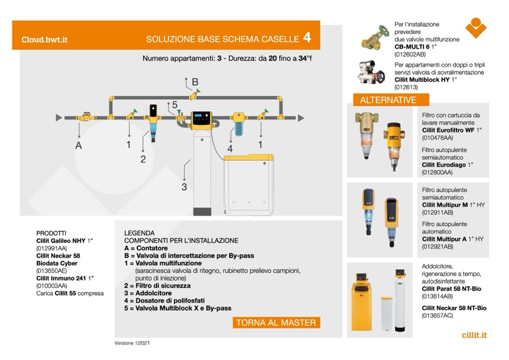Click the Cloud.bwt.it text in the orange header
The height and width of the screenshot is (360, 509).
(x=45, y=39)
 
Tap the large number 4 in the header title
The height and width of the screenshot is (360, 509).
(x=307, y=38)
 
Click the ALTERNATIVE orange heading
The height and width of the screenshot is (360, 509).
(x=388, y=100)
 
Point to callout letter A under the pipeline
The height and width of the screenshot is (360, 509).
(x=79, y=145)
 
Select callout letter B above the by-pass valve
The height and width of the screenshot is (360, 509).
(x=195, y=82)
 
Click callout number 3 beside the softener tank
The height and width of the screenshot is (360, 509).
(x=184, y=186)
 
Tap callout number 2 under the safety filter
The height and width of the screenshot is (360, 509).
(x=143, y=159)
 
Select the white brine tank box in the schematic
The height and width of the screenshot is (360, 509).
(x=249, y=180)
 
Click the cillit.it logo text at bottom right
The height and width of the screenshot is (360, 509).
(x=474, y=335)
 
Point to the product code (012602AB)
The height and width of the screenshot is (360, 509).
(x=410, y=54)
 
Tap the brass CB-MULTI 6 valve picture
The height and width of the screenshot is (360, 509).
(x=375, y=37)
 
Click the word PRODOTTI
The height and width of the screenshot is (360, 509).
(x=51, y=233)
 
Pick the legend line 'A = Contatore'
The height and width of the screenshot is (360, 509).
(x=146, y=248)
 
